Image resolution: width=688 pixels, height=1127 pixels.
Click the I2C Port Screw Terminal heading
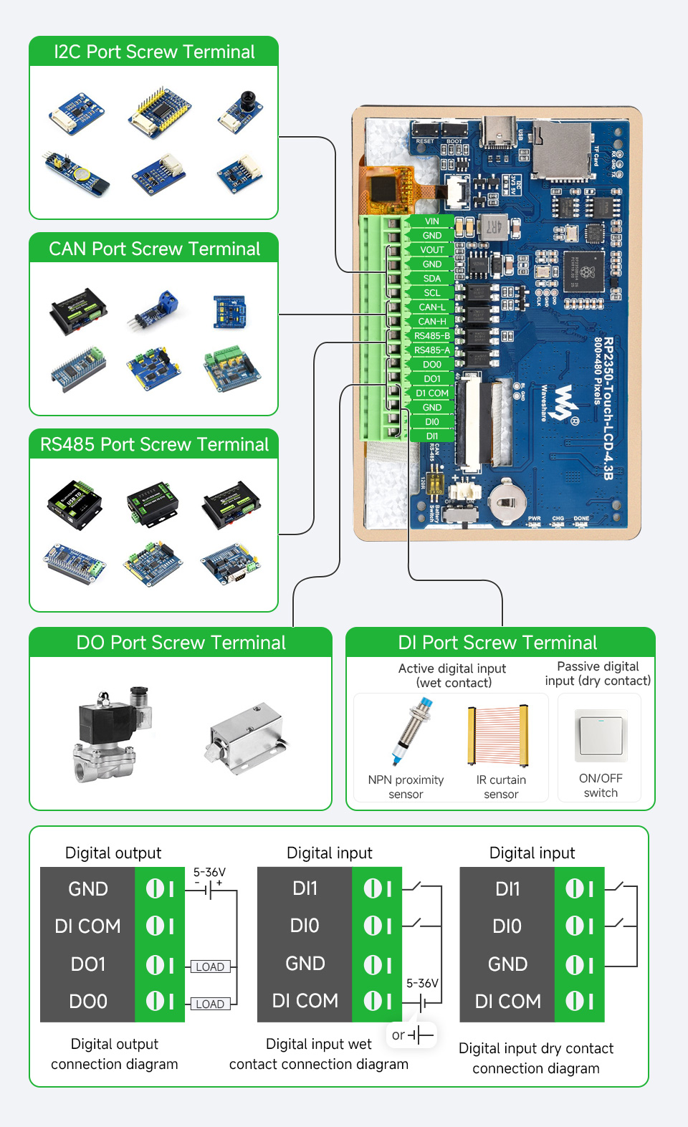(x=154, y=52)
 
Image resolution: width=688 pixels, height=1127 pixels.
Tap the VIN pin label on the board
(x=431, y=221)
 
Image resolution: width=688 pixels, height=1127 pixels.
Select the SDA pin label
(x=431, y=279)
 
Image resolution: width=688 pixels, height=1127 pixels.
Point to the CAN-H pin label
(x=431, y=322)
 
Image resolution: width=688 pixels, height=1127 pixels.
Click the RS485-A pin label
(x=431, y=350)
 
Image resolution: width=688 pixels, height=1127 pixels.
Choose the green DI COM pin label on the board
(x=431, y=393)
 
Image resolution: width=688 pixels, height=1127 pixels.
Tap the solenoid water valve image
(x=113, y=734)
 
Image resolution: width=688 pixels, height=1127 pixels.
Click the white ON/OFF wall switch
(x=601, y=736)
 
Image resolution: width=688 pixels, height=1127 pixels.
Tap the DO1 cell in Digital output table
(x=87, y=964)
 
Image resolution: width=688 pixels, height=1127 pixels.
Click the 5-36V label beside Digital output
(x=209, y=872)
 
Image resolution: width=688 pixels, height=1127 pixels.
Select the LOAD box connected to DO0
(x=210, y=1004)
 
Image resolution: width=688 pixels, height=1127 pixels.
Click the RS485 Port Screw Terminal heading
(x=154, y=444)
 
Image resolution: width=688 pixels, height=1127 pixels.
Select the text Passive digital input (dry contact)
(x=598, y=673)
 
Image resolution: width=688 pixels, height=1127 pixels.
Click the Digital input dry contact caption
(x=535, y=1058)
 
